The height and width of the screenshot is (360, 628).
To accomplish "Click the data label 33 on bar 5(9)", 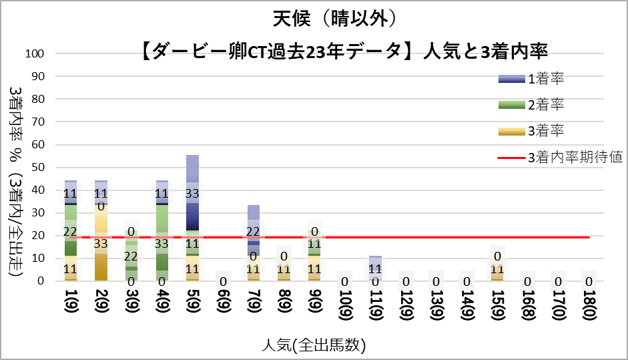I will [x=192, y=194].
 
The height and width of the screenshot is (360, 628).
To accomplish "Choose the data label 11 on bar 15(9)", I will [x=497, y=270].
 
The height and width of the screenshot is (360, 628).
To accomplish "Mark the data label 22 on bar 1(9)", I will [x=71, y=231].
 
